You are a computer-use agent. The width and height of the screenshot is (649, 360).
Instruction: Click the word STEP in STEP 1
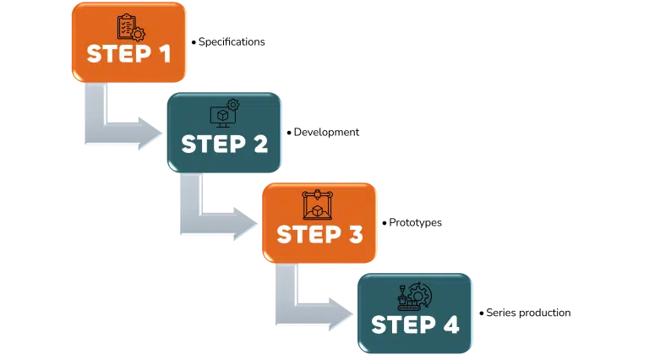pos(117,54)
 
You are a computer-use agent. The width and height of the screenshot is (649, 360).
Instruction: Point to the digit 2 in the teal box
pos(258,144)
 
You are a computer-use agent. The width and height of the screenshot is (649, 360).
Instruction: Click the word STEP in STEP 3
pos(308,234)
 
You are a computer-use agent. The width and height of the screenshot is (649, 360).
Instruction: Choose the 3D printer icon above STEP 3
pos(318,205)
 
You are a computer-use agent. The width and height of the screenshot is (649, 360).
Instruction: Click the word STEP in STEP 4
pos(401,325)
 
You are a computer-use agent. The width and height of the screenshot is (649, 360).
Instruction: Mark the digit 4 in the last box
pos(449,325)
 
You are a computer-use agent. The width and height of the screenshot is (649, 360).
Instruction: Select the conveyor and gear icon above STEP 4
pos(414,297)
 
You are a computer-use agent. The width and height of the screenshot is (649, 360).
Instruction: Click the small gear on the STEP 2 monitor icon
pos(233,105)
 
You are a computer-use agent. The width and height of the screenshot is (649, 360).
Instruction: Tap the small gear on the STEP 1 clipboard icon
pos(138,35)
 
